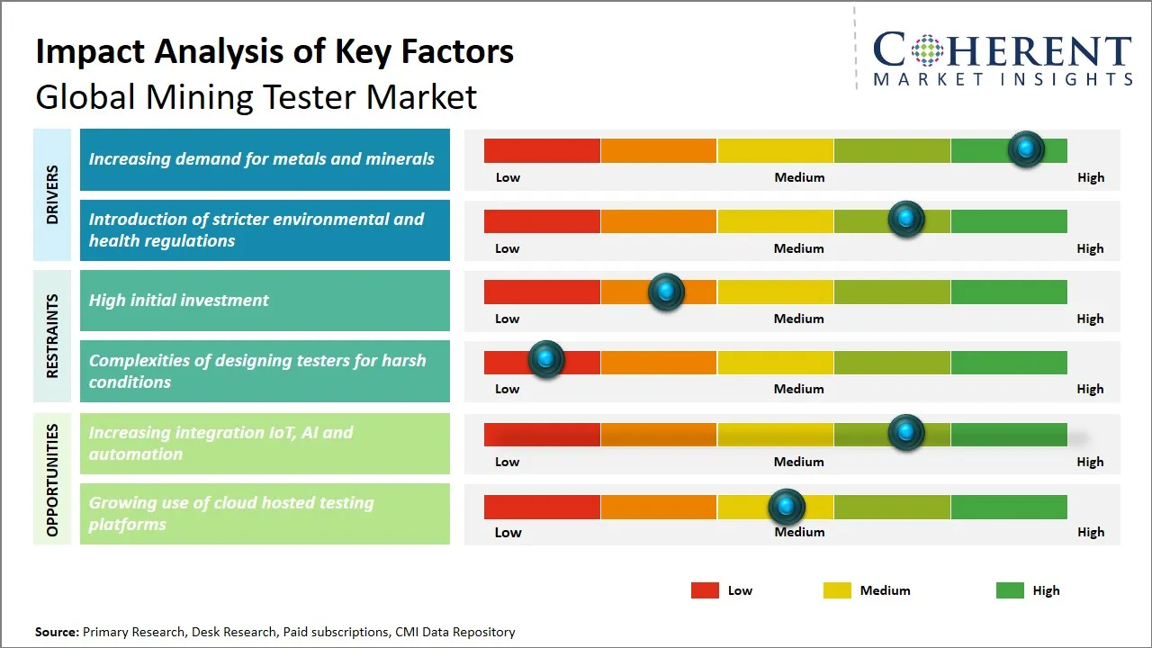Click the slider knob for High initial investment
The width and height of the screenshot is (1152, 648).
(666, 292)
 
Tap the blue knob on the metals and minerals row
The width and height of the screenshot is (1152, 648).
(1026, 149)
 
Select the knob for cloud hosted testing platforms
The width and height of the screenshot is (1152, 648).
(787, 508)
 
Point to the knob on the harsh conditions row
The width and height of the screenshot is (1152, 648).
(545, 360)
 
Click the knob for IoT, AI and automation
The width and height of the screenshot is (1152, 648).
(906, 433)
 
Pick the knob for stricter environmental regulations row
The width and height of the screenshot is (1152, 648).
(906, 220)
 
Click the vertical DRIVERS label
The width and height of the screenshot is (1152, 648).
(52, 194)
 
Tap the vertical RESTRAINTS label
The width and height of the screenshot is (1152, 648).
(52, 336)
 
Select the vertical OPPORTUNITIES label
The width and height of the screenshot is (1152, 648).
(52, 480)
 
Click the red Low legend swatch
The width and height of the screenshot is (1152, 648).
(705, 590)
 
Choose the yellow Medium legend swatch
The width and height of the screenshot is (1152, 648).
(837, 590)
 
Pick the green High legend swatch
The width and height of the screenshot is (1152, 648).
(1010, 590)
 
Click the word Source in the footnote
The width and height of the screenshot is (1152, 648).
(56, 632)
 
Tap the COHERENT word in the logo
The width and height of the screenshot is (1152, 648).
(1002, 51)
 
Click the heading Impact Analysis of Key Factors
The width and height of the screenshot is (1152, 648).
(274, 52)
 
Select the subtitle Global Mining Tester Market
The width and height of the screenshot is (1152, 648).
(256, 97)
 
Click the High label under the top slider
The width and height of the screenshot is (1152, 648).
(1090, 177)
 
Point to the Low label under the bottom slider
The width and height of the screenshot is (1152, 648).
(508, 532)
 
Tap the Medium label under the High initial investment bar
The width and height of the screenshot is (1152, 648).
(798, 319)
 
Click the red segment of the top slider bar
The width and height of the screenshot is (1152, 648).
(542, 150)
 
